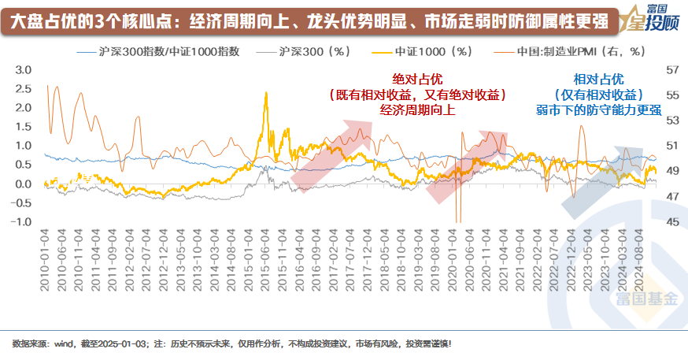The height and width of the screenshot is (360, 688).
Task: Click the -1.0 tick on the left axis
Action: click(x=20, y=221)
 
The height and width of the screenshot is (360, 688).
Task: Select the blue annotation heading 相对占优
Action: click(x=598, y=80)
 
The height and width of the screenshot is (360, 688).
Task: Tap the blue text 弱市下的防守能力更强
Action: click(x=598, y=109)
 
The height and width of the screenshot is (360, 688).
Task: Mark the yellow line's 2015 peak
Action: click(x=266, y=93)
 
